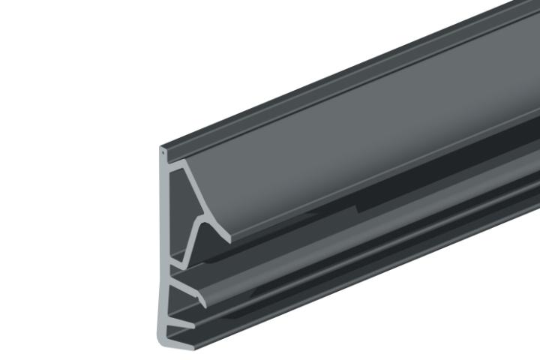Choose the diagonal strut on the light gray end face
point(192,191)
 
